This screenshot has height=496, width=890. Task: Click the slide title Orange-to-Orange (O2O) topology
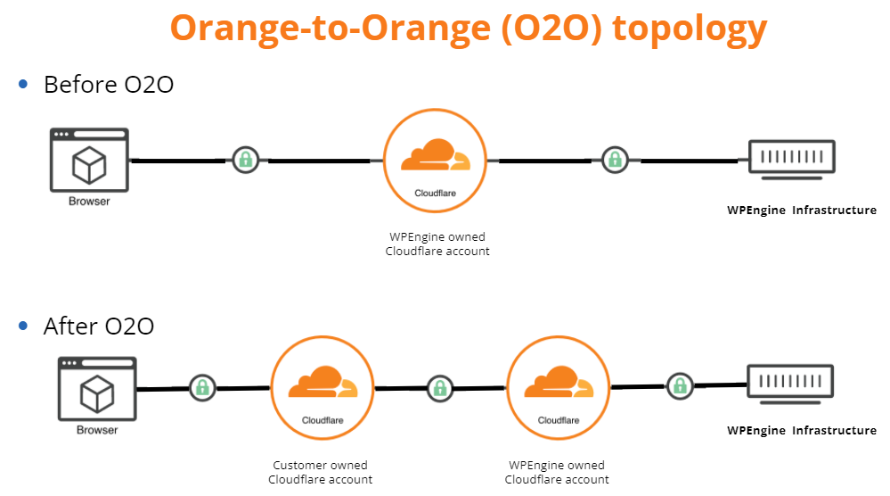[468, 28]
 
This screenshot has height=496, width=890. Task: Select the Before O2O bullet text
[108, 85]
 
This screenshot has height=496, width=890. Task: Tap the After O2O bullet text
[98, 326]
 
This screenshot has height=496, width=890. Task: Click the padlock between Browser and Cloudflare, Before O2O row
[245, 161]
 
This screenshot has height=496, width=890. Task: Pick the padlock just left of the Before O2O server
[614, 161]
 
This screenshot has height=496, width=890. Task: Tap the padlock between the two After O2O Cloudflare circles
[439, 388]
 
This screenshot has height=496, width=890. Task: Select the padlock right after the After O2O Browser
[202, 387]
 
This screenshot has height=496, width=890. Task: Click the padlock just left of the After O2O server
[680, 386]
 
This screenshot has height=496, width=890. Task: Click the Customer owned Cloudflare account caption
[320, 472]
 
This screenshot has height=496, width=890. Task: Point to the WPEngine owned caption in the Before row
[437, 244]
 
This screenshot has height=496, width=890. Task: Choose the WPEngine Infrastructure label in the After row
[802, 430]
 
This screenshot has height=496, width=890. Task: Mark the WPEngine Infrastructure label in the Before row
[802, 211]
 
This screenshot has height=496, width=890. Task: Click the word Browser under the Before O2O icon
[89, 202]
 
